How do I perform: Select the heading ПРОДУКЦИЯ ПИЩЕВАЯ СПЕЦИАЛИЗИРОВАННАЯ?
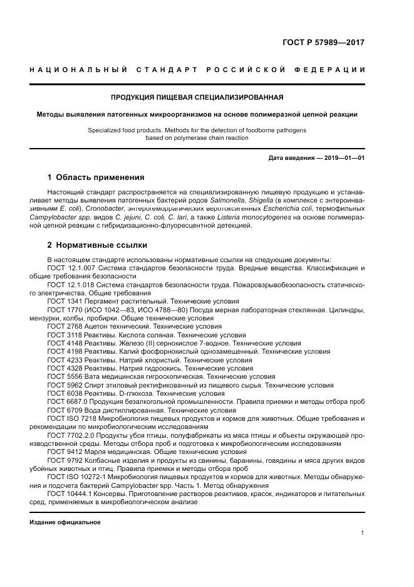tap(197, 97)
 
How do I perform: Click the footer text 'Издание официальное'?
tap(65, 522)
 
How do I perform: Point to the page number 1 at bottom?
tap(363, 532)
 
